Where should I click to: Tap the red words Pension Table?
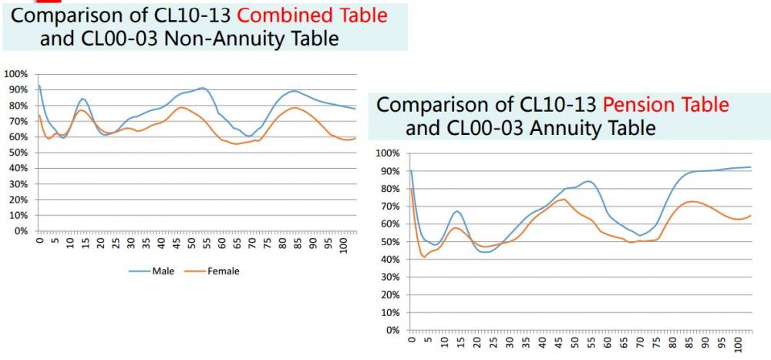[665, 104]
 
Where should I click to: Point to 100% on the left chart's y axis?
[15, 74]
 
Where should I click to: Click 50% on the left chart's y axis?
[18, 153]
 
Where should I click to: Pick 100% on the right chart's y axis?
[388, 153]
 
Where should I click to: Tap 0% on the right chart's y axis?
[392, 330]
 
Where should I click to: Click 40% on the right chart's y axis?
[390, 259]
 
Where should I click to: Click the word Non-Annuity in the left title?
[196, 38]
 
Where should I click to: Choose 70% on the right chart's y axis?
[390, 206]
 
